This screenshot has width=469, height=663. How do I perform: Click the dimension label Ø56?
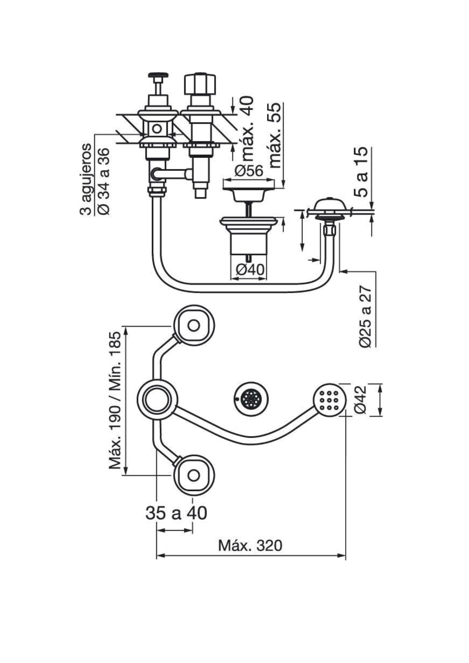[x=248, y=171]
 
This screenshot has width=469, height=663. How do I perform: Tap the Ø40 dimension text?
[x=250, y=270]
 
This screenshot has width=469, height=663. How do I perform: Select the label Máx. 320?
[x=250, y=546]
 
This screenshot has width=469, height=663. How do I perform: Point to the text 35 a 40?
[x=176, y=513]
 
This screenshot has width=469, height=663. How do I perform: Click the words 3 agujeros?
[x=86, y=179]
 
